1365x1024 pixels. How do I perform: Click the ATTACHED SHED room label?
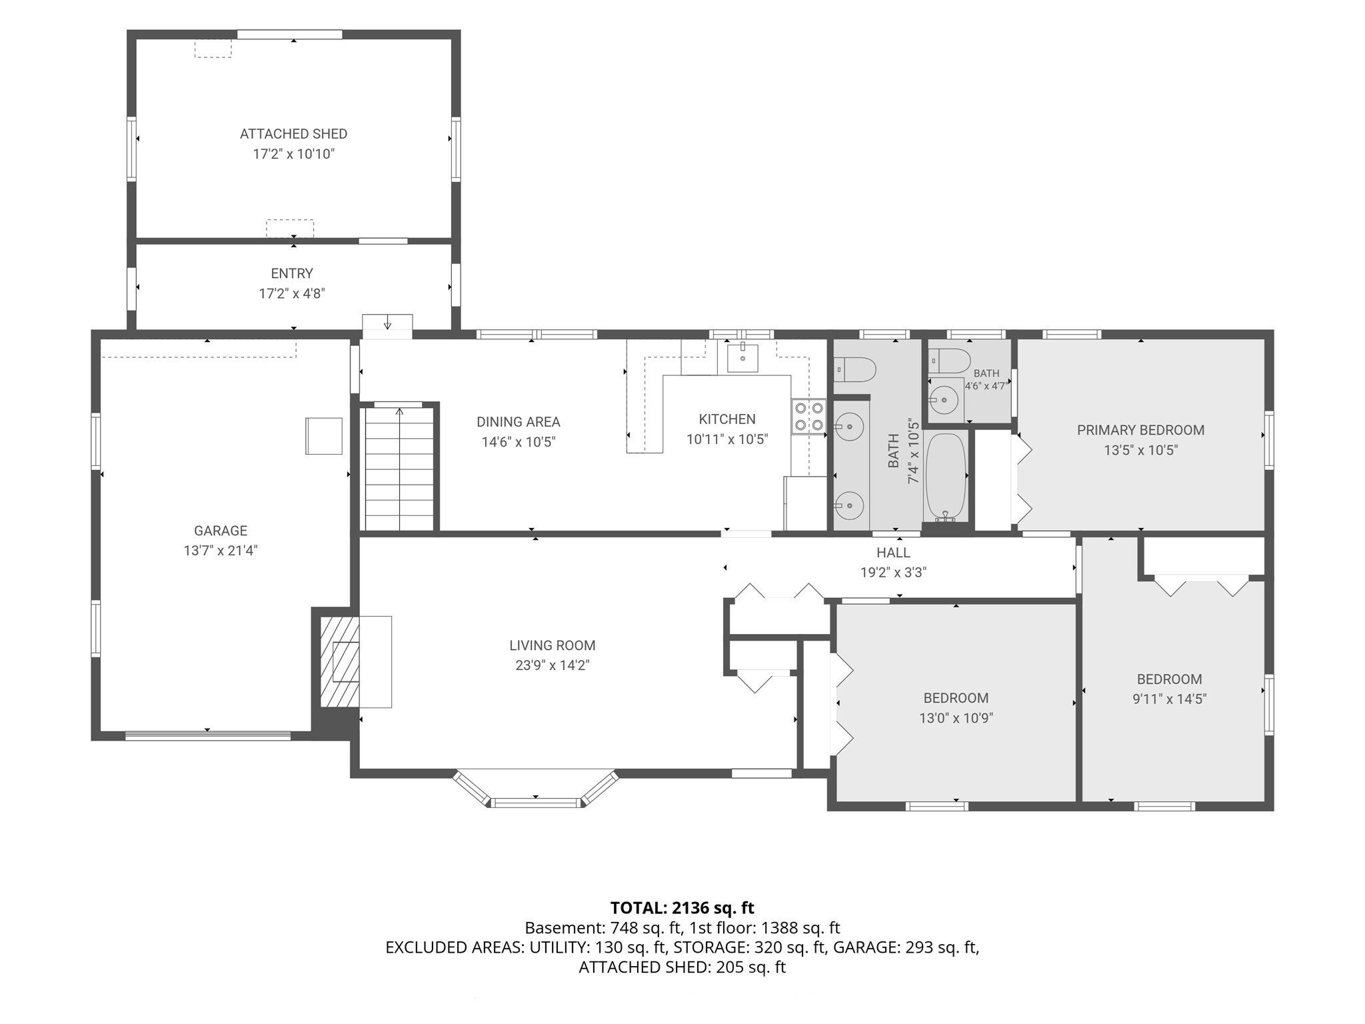[x=293, y=134]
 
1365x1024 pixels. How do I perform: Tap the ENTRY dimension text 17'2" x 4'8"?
[x=292, y=293]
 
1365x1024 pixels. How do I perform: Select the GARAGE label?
[x=221, y=531]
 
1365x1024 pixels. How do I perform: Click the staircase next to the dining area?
[x=399, y=467]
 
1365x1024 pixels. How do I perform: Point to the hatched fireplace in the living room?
[x=341, y=661]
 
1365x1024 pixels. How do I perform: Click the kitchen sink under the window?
[x=742, y=357]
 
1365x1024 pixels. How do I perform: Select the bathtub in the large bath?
[x=945, y=477]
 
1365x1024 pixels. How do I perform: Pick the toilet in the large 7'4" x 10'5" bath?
[x=854, y=369]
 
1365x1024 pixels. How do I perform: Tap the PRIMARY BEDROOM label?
[x=1140, y=430]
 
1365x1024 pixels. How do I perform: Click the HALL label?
[x=893, y=553]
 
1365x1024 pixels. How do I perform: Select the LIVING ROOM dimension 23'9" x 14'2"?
[x=553, y=665]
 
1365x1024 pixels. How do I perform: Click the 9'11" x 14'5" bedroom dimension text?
[x=1169, y=699]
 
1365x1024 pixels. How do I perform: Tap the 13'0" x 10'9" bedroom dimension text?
[x=956, y=718]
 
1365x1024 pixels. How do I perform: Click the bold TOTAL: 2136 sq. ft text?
[x=682, y=908]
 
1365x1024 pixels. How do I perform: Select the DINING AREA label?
[x=519, y=422]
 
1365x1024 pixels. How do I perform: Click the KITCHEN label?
[x=727, y=419]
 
